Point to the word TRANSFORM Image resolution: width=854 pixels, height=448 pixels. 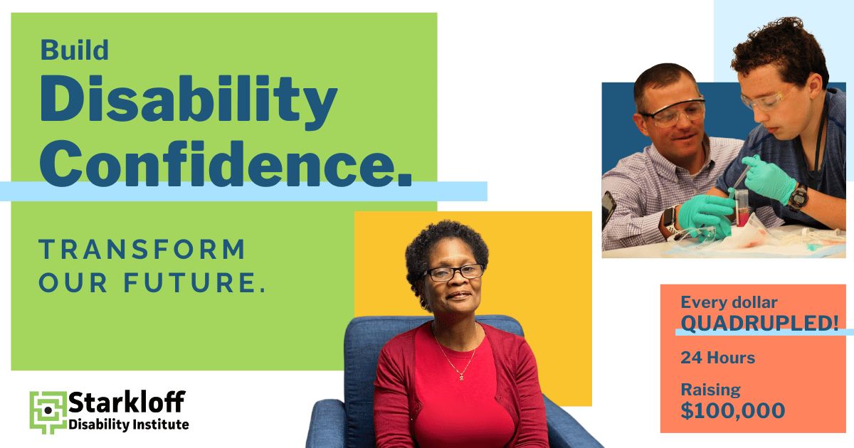pos(142,250)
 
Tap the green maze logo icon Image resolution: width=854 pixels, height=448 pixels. pos(47,411)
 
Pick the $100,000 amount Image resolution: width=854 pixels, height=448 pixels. pos(733,410)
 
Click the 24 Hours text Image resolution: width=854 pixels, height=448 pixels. pos(717,357)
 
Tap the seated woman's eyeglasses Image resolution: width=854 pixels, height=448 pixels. pos(453,272)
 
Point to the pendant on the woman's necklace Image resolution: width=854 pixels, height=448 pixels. pos(460,375)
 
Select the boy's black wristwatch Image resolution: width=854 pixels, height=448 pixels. pos(798,196)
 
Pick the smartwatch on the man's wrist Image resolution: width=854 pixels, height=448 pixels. pos(670,222)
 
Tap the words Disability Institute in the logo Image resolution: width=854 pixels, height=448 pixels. pos(129,425)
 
